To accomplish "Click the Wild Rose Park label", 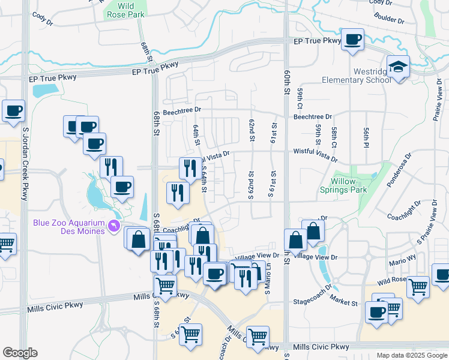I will [x=125, y=10].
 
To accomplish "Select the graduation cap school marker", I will [x=397, y=67].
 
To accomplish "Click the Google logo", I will [x=20, y=353].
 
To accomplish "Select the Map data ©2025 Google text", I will [x=411, y=355].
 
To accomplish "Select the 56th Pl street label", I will [x=364, y=137].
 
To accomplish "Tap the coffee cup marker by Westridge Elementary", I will [x=353, y=40].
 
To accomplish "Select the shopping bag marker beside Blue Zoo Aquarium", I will [x=137, y=239].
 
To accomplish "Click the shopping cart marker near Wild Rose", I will [x=418, y=287].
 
